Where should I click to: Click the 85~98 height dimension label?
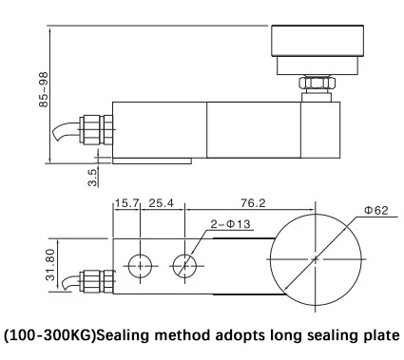(x=45, y=89)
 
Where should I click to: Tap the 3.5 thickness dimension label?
(x=92, y=178)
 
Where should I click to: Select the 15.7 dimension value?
(x=126, y=203)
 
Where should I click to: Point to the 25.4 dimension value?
(x=162, y=203)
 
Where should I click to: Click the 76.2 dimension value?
(x=253, y=203)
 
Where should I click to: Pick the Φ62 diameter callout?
(x=376, y=210)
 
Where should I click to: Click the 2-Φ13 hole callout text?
(x=230, y=224)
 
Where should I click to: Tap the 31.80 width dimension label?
(x=50, y=265)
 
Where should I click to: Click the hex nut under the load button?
(x=317, y=83)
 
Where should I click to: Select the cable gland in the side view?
(x=96, y=130)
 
